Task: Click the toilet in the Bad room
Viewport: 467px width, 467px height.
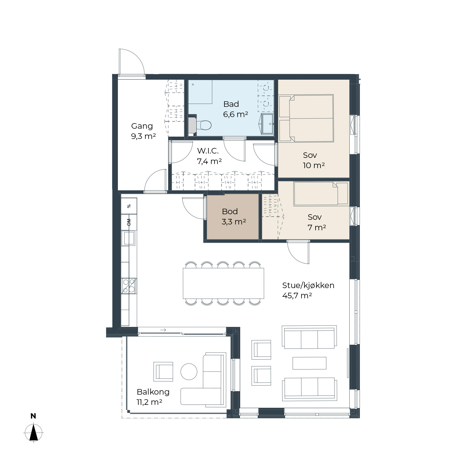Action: tap(203, 125)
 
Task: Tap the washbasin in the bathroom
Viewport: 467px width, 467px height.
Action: tap(267, 124)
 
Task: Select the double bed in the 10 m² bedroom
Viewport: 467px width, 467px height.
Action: tap(306, 118)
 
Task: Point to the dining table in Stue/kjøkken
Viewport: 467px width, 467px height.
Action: tap(223, 283)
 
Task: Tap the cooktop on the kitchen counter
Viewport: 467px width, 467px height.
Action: tap(129, 286)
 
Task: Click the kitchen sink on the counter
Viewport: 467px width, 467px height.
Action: tap(129, 238)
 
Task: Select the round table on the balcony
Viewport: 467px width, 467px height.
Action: tap(189, 372)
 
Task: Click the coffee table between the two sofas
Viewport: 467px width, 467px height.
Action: tap(309, 363)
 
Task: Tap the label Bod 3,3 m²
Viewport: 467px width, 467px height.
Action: tap(233, 217)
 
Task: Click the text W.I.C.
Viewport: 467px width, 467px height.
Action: tap(208, 151)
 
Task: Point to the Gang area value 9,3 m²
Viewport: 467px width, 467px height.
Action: tap(143, 136)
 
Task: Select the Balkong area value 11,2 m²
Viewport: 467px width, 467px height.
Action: tap(149, 402)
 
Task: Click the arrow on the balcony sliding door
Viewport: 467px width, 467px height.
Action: tap(163, 330)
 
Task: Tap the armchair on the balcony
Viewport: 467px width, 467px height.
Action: tap(163, 372)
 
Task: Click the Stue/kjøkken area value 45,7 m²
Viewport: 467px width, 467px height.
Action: tap(297, 295)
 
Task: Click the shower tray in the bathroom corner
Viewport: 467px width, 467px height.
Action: tap(200, 92)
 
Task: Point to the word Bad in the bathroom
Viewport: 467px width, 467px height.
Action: tap(231, 104)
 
